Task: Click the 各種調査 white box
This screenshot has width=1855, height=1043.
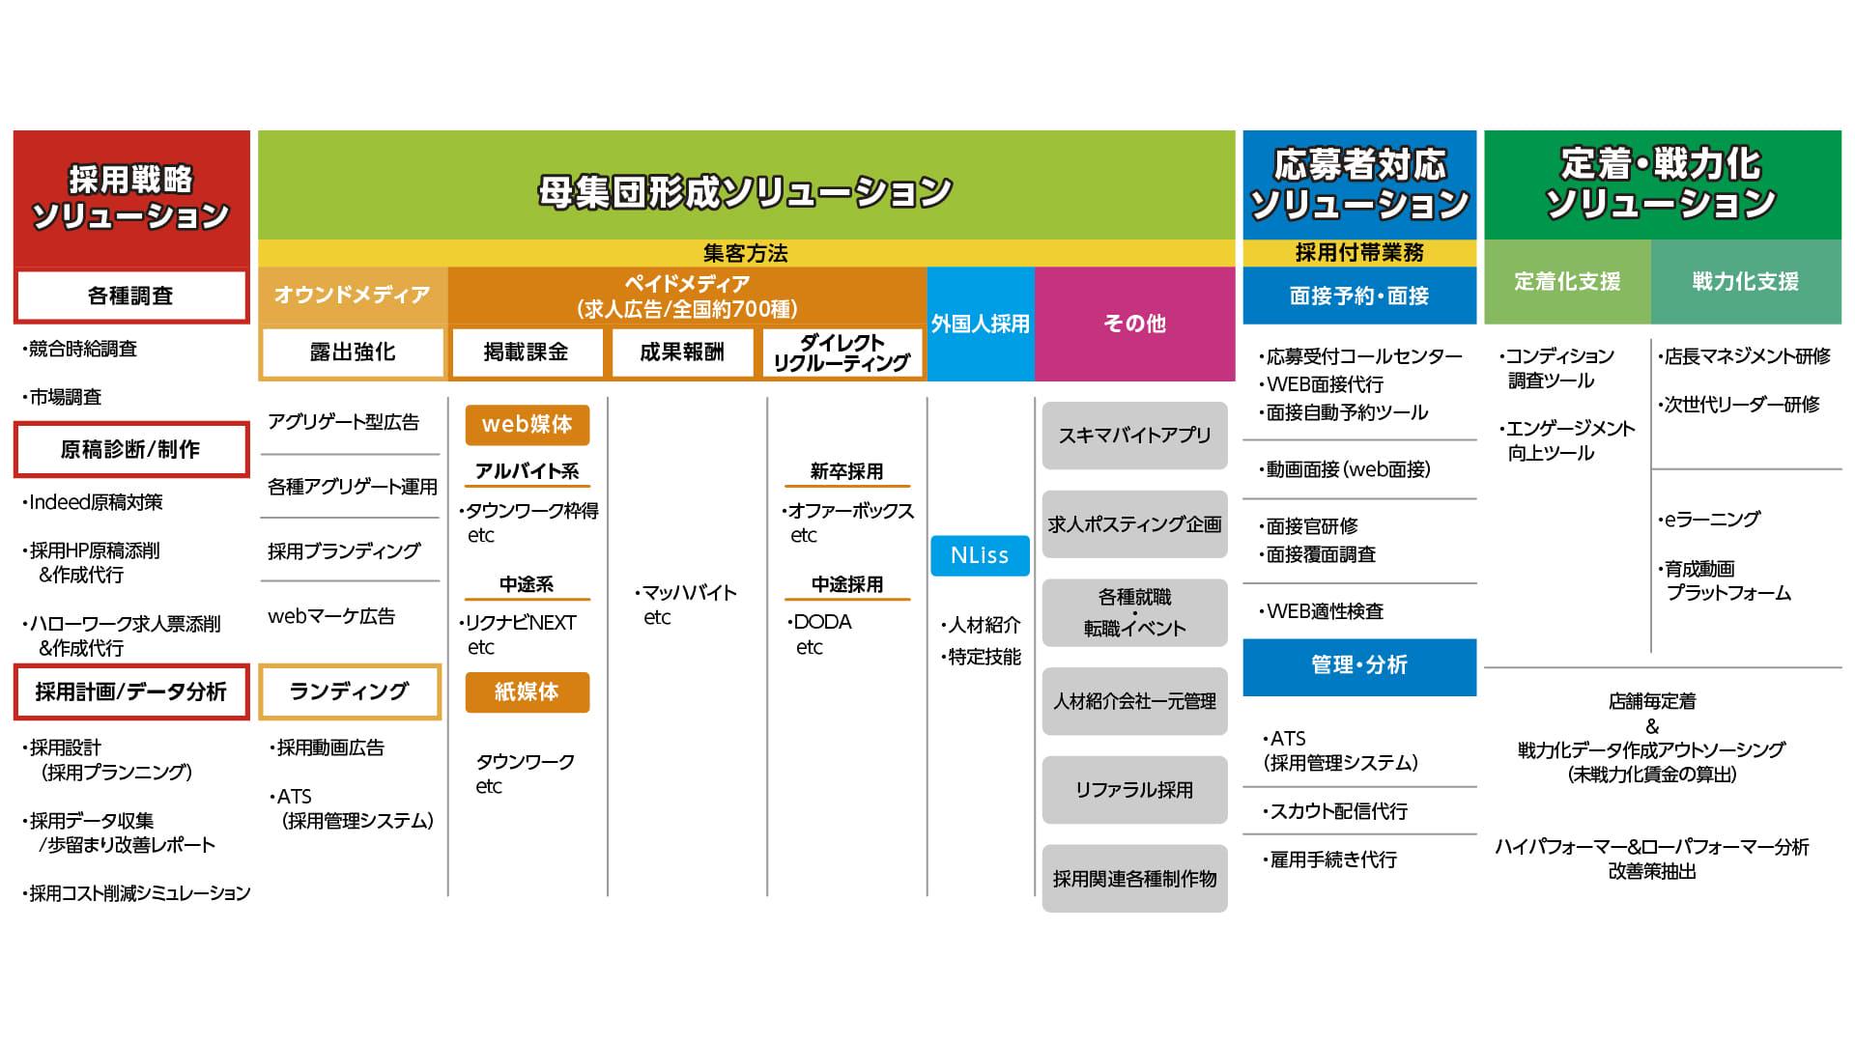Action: pyautogui.click(x=130, y=296)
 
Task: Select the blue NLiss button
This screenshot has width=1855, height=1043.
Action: pyautogui.click(x=980, y=555)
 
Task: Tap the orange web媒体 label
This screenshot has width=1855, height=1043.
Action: pyautogui.click(x=527, y=424)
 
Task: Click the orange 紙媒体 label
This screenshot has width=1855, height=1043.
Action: pyautogui.click(x=527, y=691)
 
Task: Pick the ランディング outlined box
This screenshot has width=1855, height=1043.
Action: pyautogui.click(x=350, y=691)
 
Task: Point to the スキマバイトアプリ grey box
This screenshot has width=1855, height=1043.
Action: pyautogui.click(x=1134, y=436)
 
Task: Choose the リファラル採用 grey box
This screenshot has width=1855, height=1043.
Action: pyautogui.click(x=1134, y=790)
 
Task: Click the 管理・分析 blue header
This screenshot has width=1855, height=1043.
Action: pyautogui.click(x=1359, y=665)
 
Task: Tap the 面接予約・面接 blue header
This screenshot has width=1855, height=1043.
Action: pyautogui.click(x=1359, y=296)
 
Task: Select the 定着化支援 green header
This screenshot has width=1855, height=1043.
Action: pyautogui.click(x=1567, y=281)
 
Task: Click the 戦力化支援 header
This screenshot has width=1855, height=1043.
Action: pyautogui.click(x=1745, y=281)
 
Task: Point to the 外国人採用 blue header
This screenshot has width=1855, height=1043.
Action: pyautogui.click(x=980, y=324)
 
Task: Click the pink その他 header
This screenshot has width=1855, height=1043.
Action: pyautogui.click(x=1134, y=324)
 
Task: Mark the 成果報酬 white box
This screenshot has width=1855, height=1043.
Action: pyautogui.click(x=682, y=352)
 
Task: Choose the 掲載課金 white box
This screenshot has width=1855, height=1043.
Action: pyautogui.click(x=527, y=352)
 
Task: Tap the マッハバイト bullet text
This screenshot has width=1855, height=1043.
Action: pyautogui.click(x=688, y=593)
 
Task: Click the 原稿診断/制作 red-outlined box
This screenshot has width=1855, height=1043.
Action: pyautogui.click(x=130, y=449)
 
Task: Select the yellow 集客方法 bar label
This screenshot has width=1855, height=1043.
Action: pyautogui.click(x=746, y=253)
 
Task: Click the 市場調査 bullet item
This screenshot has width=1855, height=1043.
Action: pyautogui.click(x=65, y=397)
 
